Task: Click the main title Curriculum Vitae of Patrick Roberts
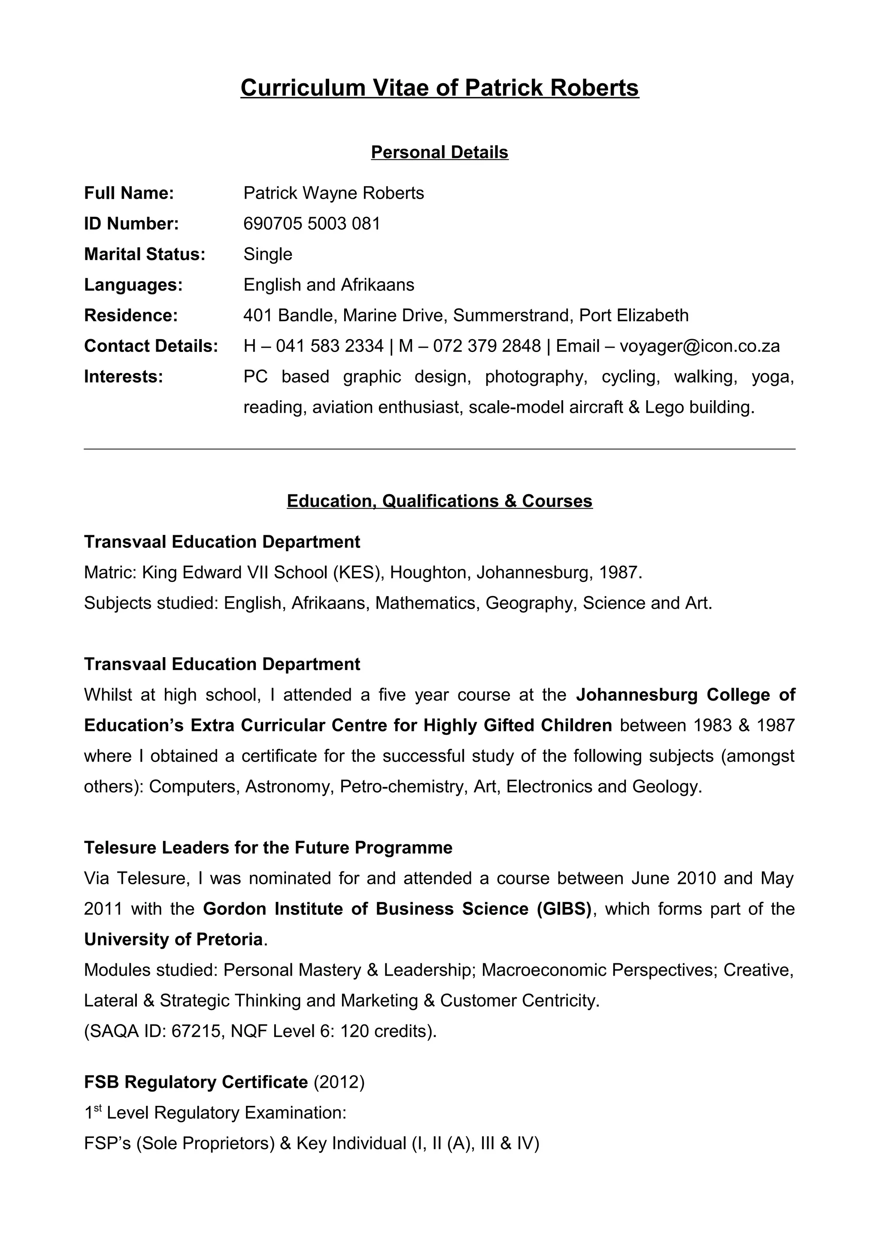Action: tap(439, 88)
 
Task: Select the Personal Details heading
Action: tap(439, 152)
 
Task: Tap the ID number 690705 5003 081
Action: tap(312, 223)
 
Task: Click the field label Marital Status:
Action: tap(145, 254)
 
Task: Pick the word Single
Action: tap(267, 254)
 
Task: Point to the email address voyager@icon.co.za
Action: tap(699, 346)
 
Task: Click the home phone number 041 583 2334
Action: tap(329, 346)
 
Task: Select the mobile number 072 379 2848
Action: tap(486, 346)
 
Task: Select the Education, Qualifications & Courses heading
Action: tap(439, 501)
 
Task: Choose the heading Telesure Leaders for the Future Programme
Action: tap(268, 847)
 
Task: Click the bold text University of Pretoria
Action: tap(173, 939)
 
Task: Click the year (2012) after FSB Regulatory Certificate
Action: tap(339, 1082)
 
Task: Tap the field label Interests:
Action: tap(124, 376)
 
